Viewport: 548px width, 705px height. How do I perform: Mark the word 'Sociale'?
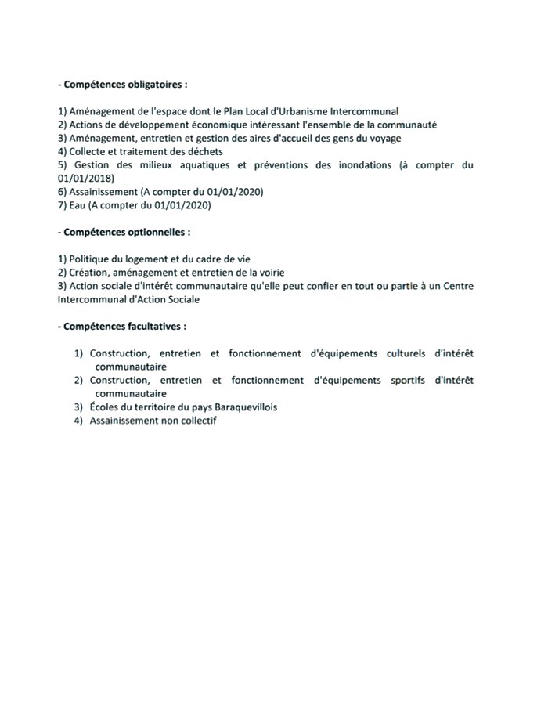pyautogui.click(x=182, y=299)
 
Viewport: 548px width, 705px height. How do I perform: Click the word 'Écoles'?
pyautogui.click(x=106, y=407)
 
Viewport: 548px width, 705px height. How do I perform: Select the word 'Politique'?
pyautogui.click(x=92, y=258)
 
